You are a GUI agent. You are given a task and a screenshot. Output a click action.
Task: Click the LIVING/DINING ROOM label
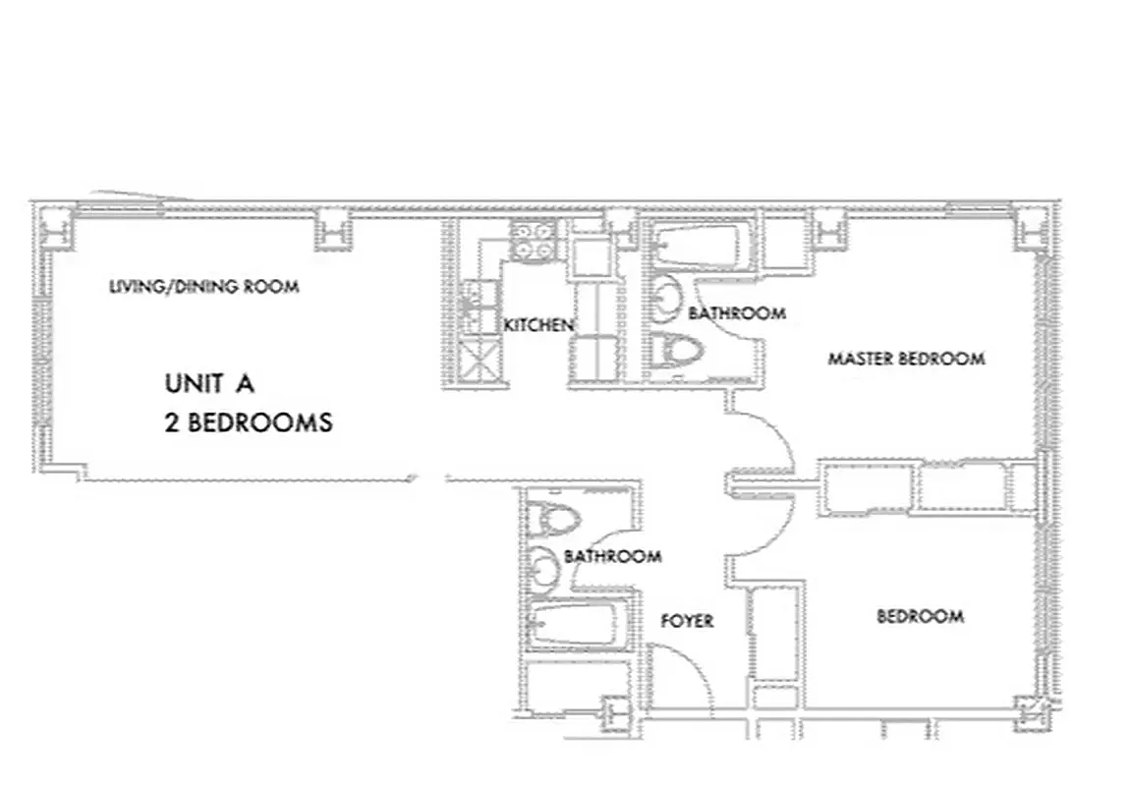coord(203,287)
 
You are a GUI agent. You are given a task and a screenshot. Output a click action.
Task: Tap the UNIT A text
coord(210,383)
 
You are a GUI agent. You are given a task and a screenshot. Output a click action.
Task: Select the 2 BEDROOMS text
coord(249,423)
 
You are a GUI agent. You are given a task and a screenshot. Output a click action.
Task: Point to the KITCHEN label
coord(538,325)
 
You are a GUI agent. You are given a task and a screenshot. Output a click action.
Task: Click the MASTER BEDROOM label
coord(906,359)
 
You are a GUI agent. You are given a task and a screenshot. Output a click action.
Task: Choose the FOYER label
coord(687,621)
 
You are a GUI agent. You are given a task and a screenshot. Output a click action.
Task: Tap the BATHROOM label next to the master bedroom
coord(736,313)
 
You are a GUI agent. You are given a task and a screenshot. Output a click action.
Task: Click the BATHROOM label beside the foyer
coord(612,556)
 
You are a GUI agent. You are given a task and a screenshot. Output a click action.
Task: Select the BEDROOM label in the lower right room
coord(920,616)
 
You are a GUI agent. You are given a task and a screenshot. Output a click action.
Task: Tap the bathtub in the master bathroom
coord(702,247)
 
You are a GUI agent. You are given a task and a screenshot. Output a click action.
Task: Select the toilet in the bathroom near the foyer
coord(553,516)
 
